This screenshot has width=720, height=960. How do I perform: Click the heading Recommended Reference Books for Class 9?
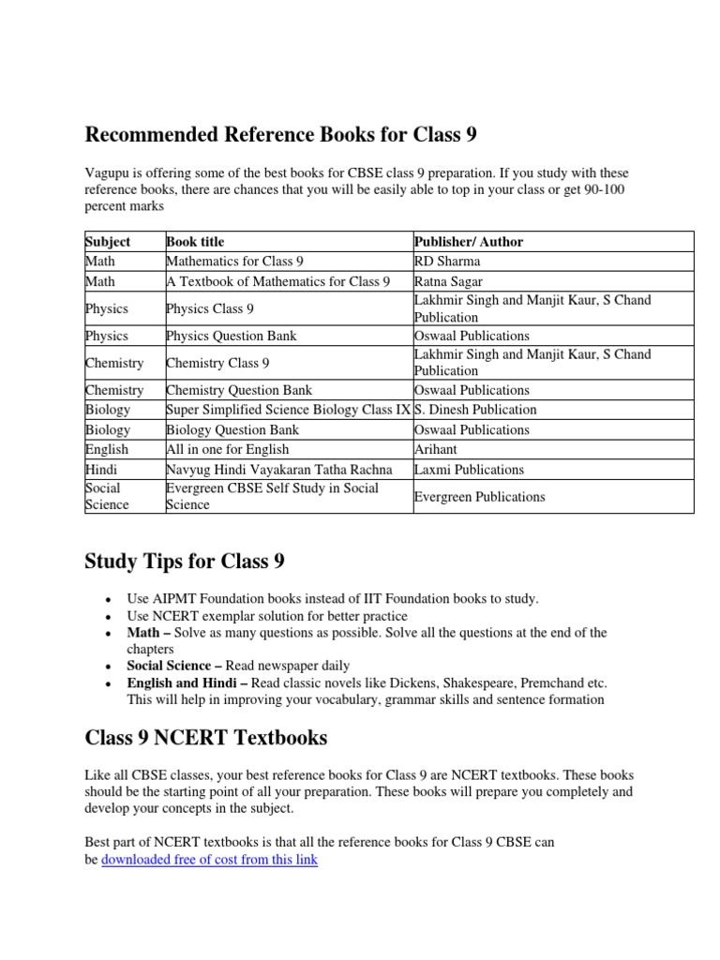[x=280, y=135]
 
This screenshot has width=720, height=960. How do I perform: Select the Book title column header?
[x=195, y=242]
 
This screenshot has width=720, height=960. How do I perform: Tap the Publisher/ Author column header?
[x=468, y=242]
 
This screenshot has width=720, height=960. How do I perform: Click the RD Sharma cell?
[x=446, y=262]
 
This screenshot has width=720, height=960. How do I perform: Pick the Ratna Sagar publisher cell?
[x=449, y=281]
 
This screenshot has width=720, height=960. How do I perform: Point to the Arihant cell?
[x=436, y=450]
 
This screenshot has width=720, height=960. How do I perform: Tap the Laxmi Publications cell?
[x=469, y=470]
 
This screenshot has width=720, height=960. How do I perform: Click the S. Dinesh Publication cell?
[x=475, y=410]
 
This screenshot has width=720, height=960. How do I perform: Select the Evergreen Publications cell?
[x=479, y=497]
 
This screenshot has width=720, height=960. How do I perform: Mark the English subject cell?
[x=107, y=450]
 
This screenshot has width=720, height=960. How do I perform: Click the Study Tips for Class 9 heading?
[x=185, y=562]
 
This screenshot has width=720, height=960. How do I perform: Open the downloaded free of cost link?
[x=209, y=859]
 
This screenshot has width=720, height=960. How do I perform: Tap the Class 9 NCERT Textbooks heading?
[x=206, y=738]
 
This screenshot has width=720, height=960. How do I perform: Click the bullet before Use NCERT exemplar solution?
[x=112, y=617]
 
